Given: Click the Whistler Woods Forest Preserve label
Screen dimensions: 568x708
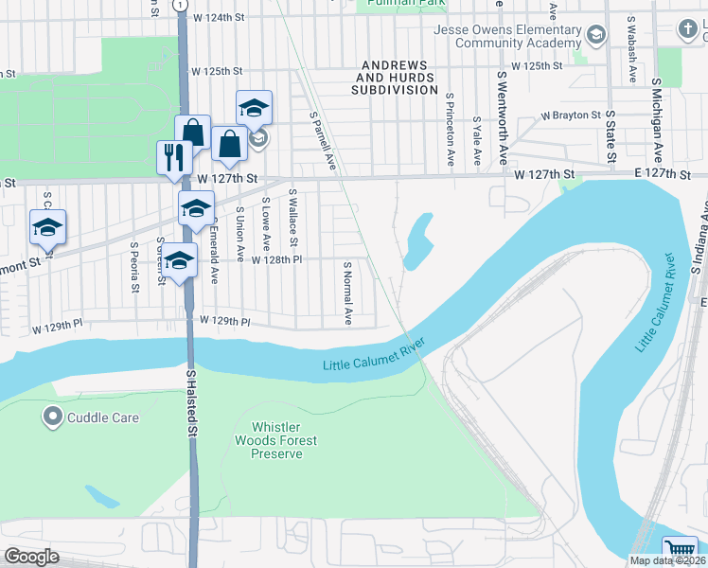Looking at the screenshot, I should point(276,441).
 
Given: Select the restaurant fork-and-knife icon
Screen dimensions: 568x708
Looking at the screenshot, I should point(173,157).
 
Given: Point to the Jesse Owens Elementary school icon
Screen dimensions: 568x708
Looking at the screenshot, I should point(595,36).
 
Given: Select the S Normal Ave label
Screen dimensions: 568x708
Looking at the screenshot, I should point(348,293).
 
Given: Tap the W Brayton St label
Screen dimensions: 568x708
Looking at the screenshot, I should point(571,115).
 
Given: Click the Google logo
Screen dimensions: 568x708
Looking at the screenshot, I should point(31,556).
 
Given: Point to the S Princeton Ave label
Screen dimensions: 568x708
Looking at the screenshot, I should point(450,132).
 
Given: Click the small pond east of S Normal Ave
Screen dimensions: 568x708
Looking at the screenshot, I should point(417,240).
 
